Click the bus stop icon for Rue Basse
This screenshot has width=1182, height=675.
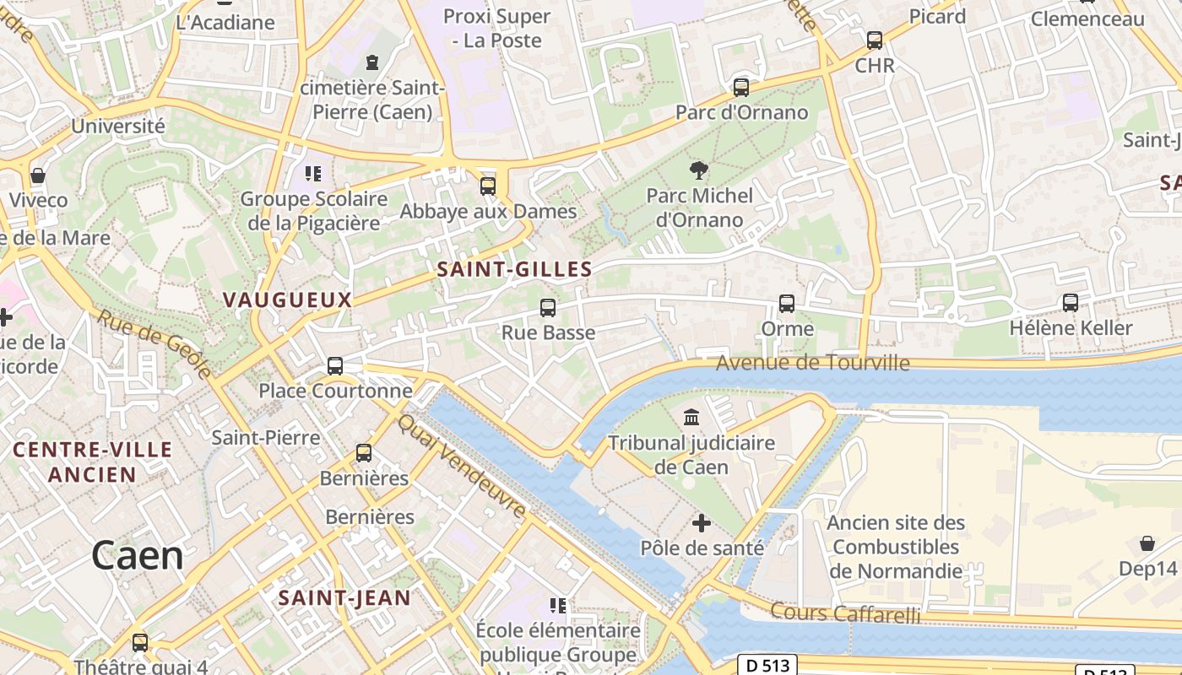[548, 308]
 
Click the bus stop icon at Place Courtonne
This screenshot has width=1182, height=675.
[335, 366]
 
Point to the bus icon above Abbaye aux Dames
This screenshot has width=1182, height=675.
[488, 186]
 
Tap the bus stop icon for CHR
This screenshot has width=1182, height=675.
[875, 40]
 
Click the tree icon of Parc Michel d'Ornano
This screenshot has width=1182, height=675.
[698, 171]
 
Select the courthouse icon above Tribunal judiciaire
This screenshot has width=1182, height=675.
[691, 418]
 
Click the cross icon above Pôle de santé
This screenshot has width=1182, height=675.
[702, 524]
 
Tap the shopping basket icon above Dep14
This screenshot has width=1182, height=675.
[1147, 543]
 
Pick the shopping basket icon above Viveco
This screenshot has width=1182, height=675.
[38, 175]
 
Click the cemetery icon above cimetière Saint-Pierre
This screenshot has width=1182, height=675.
[371, 62]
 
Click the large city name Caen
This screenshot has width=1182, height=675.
[137, 556]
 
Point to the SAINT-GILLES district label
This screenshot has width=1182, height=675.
[514, 270]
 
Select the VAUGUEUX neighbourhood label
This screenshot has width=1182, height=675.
[287, 300]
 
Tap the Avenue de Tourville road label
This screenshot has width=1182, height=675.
[813, 364]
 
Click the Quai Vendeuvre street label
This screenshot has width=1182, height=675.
[462, 466]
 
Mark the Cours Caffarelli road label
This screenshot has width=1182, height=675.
[845, 613]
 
